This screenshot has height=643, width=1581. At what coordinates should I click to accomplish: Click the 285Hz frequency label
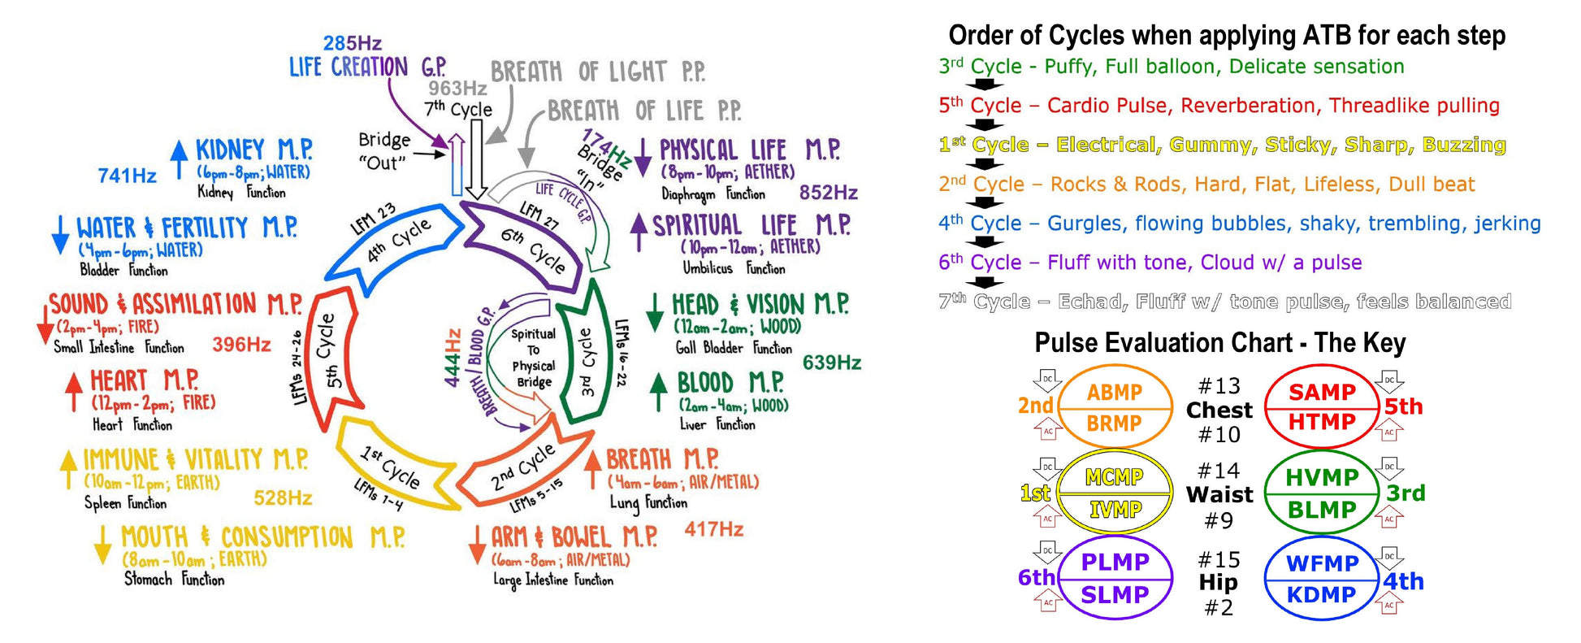pyautogui.click(x=352, y=43)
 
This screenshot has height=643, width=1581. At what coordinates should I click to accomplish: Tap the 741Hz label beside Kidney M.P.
pyautogui.click(x=127, y=176)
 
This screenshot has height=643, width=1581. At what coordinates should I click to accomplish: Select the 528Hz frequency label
pyautogui.click(x=283, y=497)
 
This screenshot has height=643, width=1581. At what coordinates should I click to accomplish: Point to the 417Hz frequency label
pyautogui.click(x=713, y=529)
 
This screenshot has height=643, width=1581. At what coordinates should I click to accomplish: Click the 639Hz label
pyautogui.click(x=831, y=363)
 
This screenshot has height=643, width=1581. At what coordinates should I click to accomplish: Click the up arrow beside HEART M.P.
pyautogui.click(x=74, y=391)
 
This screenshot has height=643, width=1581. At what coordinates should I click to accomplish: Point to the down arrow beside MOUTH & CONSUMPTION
pyautogui.click(x=102, y=543)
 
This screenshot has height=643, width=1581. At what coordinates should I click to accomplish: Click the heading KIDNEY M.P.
pyautogui.click(x=253, y=150)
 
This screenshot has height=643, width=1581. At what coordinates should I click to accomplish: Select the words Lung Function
pyautogui.click(x=648, y=503)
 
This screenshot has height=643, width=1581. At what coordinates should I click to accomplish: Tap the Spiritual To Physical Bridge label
pyautogui.click(x=533, y=358)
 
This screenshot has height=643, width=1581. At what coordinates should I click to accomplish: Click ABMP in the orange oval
pyautogui.click(x=1114, y=392)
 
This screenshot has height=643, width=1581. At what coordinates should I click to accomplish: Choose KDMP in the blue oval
pyautogui.click(x=1321, y=594)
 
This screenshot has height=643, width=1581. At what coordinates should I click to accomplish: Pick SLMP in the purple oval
pyautogui.click(x=1114, y=594)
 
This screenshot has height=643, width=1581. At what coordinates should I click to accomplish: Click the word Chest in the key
pyautogui.click(x=1219, y=410)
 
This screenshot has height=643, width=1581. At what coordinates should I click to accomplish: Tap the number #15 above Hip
pyautogui.click(x=1219, y=559)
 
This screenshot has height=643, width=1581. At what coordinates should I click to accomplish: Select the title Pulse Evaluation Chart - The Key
pyautogui.click(x=1219, y=342)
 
